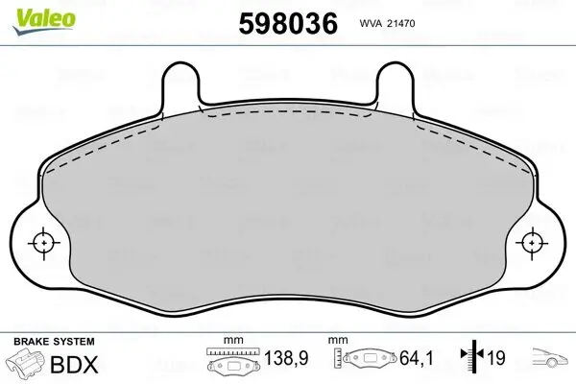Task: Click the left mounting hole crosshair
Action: [x=42, y=244]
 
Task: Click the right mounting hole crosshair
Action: [x=534, y=244]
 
